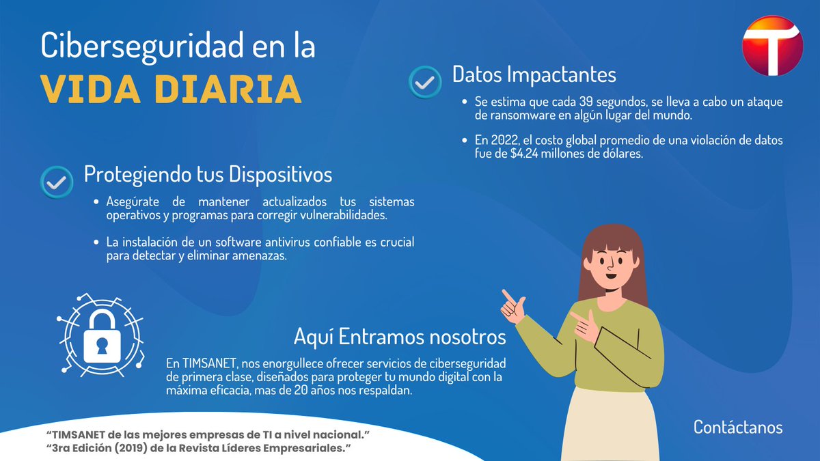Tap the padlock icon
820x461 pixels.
[102, 337]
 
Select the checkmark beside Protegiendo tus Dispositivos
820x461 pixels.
[57, 182]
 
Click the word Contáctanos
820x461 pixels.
[738, 427]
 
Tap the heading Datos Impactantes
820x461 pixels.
[534, 74]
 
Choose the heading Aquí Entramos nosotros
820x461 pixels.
[400, 336]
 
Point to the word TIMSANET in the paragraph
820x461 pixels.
[209, 362]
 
